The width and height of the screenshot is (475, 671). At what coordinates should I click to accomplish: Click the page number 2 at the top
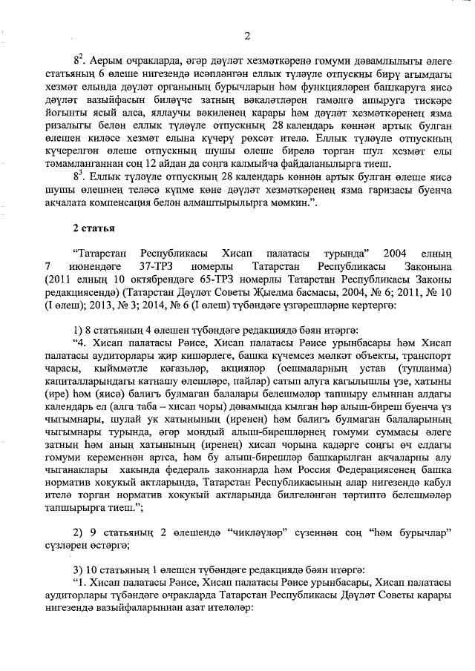[247, 35]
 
